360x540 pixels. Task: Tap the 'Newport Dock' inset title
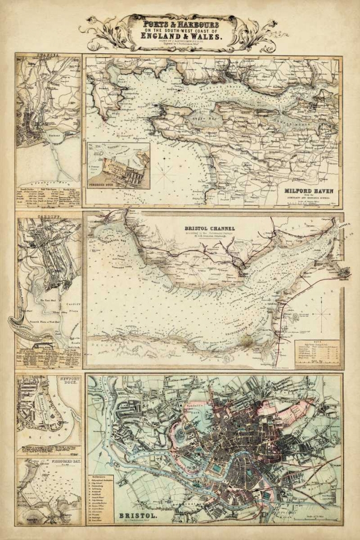(66, 382)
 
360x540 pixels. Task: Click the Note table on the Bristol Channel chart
(317, 353)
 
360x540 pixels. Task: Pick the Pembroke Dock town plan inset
(118, 166)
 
